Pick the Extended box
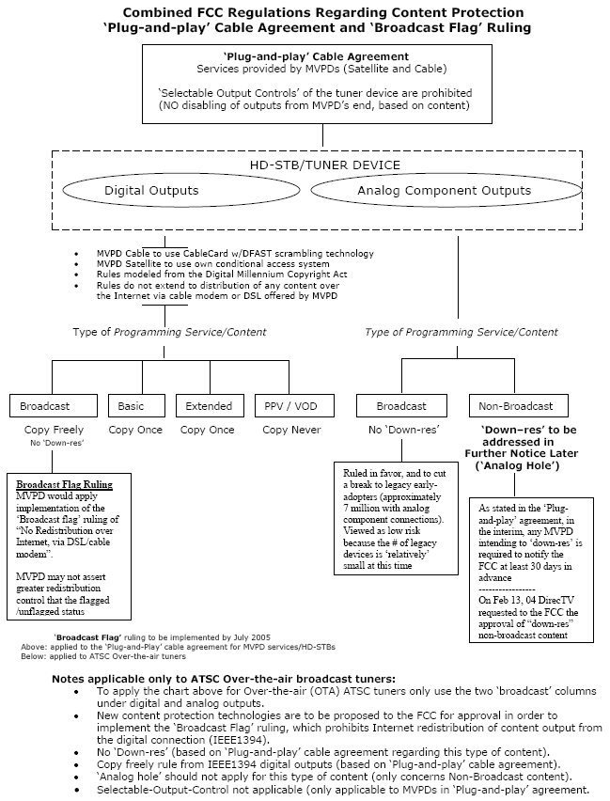pos(207,406)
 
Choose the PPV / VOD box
pos(288,406)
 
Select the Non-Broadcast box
pos(519,406)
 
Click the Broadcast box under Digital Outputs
pos(52,406)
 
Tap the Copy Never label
pos(288,430)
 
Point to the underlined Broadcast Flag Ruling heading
pos(64,485)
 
